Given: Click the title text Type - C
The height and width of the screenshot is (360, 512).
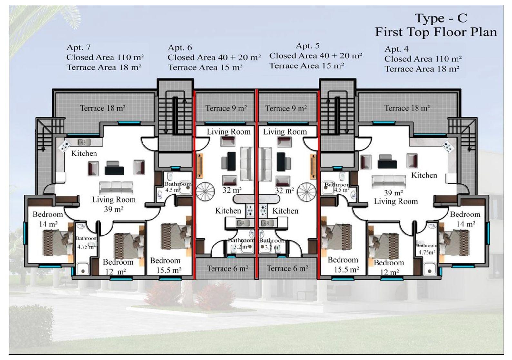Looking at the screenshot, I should coord(440,18).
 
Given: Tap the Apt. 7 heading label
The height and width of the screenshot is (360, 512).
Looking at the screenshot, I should coord(78,47).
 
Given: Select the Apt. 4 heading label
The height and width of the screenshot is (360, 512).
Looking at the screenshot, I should coord(396,49).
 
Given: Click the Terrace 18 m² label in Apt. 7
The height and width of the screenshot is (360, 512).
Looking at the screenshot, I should coord(103,108).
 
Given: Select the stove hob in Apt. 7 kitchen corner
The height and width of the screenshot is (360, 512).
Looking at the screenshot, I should coord(64,145).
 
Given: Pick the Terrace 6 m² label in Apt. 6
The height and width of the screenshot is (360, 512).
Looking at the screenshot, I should coord(227,268).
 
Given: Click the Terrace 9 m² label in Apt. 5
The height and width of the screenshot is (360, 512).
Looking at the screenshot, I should coord(286,108).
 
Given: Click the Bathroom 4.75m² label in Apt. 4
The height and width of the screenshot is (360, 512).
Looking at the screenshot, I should coord(427,249).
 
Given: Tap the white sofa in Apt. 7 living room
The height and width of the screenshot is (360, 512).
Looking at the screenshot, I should coord(116,187).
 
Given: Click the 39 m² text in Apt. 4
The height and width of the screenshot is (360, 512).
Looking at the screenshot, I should coord(393,193).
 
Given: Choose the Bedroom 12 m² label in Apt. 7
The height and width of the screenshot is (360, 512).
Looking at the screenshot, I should coord(118,266).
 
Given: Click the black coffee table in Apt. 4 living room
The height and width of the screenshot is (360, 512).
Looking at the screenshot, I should coord(387,164).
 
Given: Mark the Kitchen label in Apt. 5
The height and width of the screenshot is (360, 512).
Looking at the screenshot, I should coord(285,211).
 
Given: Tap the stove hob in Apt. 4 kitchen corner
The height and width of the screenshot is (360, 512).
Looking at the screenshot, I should coord(448,146).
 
